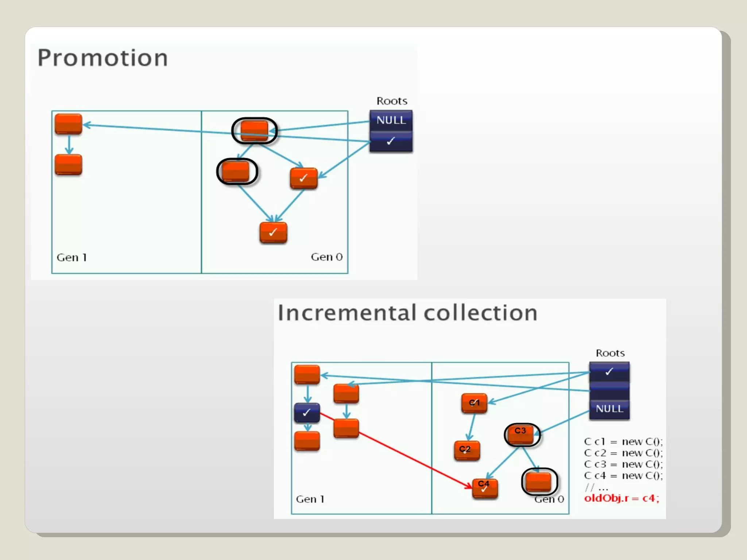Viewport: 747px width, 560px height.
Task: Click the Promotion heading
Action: (x=102, y=58)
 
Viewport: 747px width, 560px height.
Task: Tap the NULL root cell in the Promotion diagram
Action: (x=391, y=120)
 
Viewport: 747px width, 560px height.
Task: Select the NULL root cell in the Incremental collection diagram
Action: (x=609, y=409)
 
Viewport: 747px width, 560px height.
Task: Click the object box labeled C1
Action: (x=474, y=403)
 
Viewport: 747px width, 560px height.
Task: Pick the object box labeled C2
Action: (x=467, y=450)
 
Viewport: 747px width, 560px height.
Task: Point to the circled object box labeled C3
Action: (x=521, y=434)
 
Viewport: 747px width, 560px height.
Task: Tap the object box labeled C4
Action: (x=485, y=488)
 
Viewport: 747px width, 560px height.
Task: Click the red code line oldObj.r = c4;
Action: (x=622, y=498)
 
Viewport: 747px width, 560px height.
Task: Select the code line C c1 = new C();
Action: (x=623, y=442)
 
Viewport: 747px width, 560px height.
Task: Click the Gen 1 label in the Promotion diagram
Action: (x=71, y=258)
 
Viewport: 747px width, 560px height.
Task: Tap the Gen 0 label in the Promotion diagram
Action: (x=326, y=257)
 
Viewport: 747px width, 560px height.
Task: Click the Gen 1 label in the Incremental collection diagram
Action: (x=310, y=499)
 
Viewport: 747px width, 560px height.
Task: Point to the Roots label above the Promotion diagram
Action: (x=392, y=101)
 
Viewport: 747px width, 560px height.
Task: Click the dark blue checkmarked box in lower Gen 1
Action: (x=307, y=413)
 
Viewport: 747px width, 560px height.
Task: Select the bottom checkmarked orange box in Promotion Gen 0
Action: (x=273, y=233)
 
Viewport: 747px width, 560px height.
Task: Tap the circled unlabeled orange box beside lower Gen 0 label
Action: (x=539, y=482)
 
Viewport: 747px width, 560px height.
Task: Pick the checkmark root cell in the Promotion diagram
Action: (x=391, y=141)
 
